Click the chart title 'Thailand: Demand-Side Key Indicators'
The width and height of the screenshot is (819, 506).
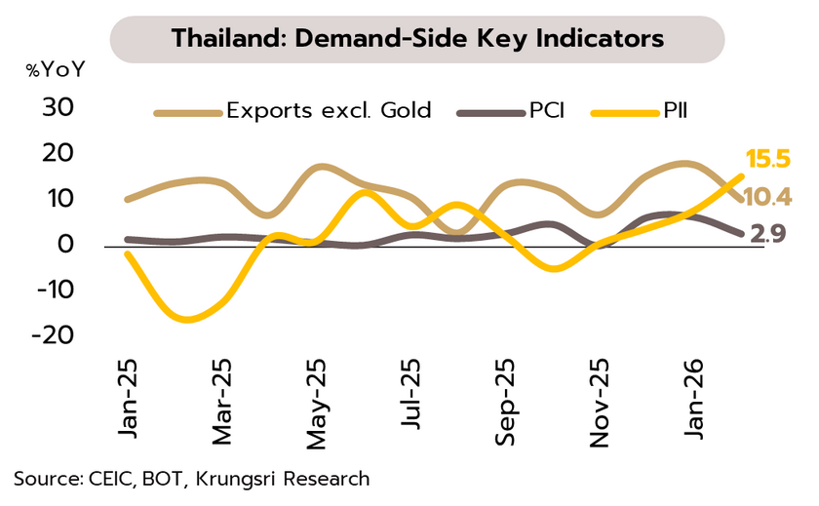[x=417, y=39]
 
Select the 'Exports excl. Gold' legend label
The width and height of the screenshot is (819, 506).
[x=329, y=110]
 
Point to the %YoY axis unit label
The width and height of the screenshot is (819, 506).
[x=57, y=70]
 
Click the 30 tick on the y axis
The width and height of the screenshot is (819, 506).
[x=58, y=107]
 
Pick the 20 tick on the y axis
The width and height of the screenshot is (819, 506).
[x=58, y=153]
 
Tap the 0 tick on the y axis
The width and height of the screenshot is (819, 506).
[x=67, y=244]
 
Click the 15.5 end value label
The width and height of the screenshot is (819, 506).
[x=767, y=160]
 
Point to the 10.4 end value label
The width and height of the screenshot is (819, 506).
[x=767, y=198]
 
